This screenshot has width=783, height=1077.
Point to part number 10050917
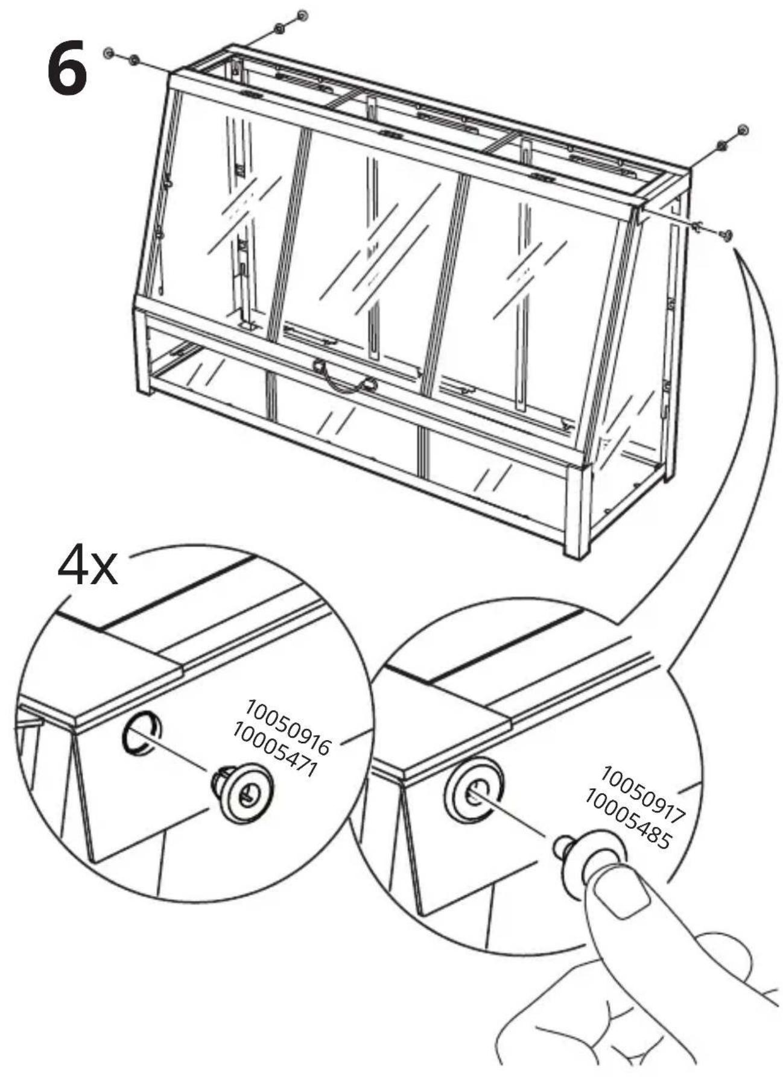point(644,794)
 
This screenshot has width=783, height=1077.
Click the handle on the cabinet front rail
point(344,374)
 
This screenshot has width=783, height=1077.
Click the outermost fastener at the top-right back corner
point(743,130)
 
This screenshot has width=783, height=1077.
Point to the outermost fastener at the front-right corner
point(728,234)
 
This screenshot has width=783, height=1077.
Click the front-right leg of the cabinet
point(576,512)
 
